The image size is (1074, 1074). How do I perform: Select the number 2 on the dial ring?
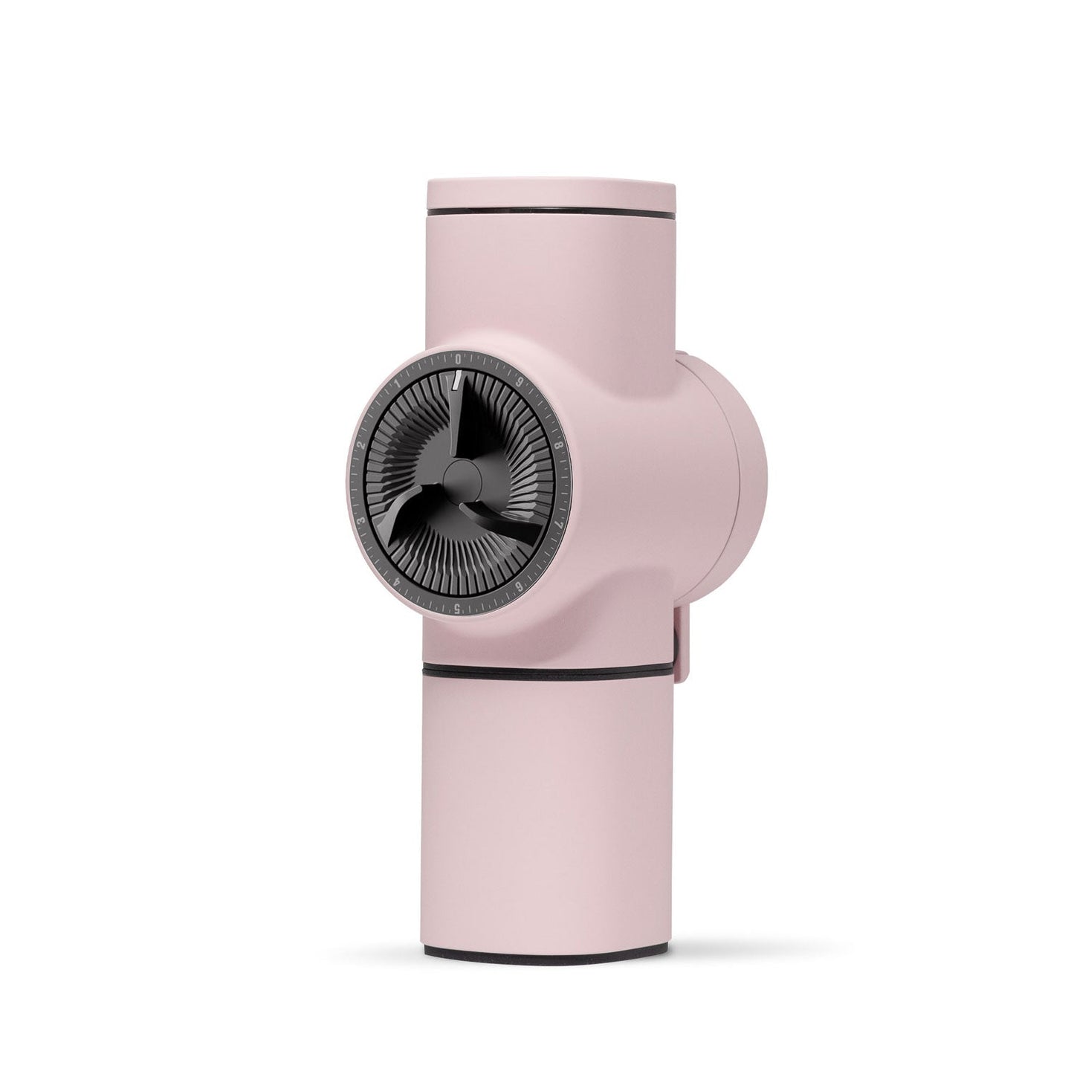[x=361, y=444]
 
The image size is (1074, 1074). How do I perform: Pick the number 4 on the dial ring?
[x=394, y=582]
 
